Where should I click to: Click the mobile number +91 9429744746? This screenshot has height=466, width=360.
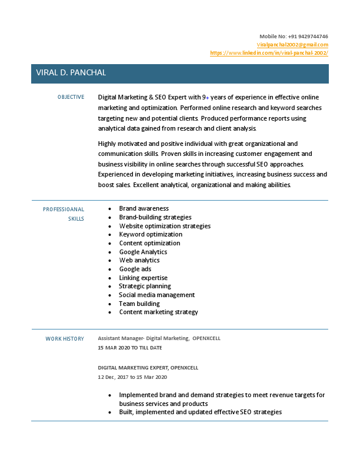click(308, 36)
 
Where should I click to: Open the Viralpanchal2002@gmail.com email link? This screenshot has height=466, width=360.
click(292, 45)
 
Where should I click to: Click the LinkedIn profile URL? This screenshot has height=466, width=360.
click(269, 53)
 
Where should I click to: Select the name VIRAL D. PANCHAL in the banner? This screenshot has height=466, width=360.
click(71, 73)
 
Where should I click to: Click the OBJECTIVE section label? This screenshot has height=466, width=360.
click(71, 97)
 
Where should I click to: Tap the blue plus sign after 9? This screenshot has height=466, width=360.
click(208, 97)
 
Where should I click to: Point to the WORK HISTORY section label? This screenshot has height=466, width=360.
click(65, 338)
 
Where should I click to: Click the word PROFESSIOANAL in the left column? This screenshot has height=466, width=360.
click(64, 209)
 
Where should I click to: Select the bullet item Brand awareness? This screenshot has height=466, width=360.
click(144, 208)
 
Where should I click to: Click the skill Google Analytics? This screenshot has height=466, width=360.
click(143, 252)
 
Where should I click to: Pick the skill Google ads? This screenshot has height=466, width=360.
click(135, 269)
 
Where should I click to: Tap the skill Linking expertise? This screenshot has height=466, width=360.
click(143, 278)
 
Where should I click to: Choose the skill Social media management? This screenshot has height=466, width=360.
click(156, 295)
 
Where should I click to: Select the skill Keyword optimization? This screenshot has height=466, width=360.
click(151, 234)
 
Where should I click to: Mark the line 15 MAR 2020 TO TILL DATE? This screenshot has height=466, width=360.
click(130, 348)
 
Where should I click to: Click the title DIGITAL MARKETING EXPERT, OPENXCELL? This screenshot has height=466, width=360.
click(148, 368)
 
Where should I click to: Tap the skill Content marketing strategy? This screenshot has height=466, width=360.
click(158, 312)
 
